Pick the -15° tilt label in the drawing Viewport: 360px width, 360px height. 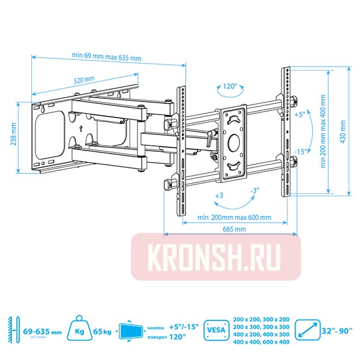[x=301, y=151]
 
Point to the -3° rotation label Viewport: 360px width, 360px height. [x=254, y=191]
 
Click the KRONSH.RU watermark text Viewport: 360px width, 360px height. [x=215, y=257]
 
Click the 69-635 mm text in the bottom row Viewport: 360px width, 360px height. [x=42, y=331]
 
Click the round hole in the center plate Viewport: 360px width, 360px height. [x=233, y=143]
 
